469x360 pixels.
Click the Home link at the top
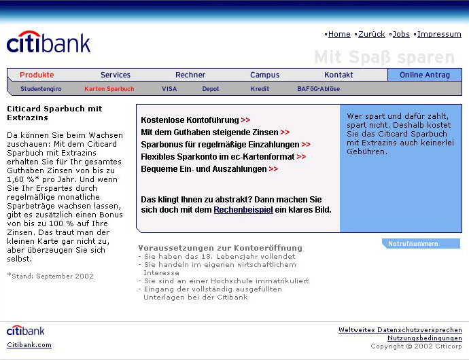coord(339,34)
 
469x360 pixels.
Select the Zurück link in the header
coord(371,34)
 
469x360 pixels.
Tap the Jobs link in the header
coord(401,34)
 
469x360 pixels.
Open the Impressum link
coord(439,34)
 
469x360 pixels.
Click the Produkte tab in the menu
coord(37,75)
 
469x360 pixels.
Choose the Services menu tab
coord(116,75)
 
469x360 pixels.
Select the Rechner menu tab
coord(190,75)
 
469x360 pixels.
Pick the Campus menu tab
coord(264,75)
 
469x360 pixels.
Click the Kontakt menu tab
coord(338,75)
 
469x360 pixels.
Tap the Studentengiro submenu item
coord(41,89)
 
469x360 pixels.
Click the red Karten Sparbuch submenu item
coord(109,89)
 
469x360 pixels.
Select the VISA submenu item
coord(169,89)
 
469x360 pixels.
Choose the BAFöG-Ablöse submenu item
coord(318,89)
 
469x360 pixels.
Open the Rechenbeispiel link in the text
coord(243,210)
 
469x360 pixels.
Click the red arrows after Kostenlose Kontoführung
coord(245,120)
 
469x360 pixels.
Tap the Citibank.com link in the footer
coord(29,344)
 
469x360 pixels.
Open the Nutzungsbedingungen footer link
coord(424,338)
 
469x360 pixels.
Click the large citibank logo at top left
coord(48,43)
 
